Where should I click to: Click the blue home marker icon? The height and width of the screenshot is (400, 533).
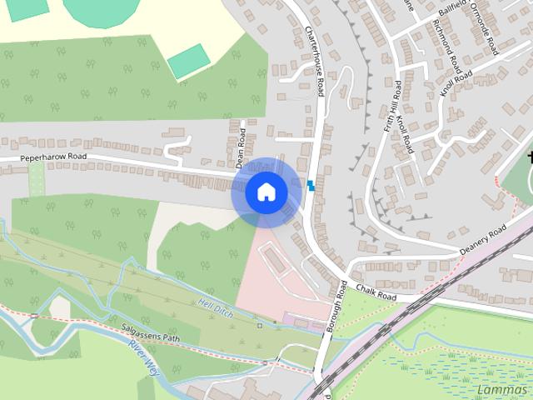pyautogui.click(x=266, y=192)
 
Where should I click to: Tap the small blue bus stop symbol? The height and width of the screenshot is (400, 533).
pyautogui.click(x=311, y=184)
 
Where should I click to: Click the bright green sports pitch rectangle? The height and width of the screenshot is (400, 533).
pyautogui.click(x=188, y=60)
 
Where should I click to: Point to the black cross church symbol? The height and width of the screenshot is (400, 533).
pyautogui.click(x=528, y=157)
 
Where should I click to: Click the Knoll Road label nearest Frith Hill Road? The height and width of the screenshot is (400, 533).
pyautogui.click(x=406, y=132)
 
